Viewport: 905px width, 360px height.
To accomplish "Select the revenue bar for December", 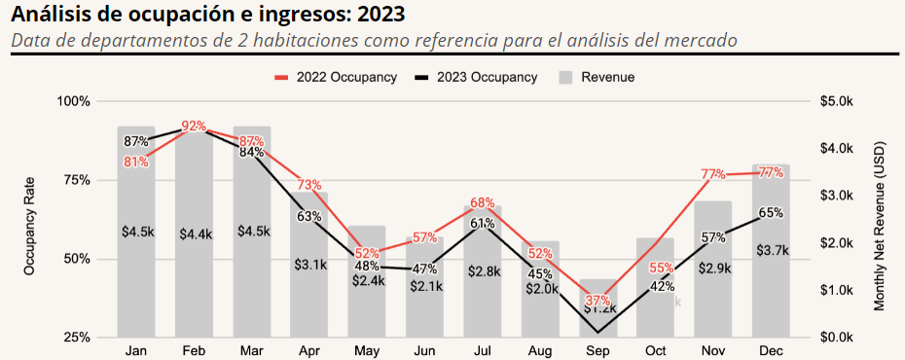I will coord(770,292).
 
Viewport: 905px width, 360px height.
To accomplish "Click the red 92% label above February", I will coord(194,126).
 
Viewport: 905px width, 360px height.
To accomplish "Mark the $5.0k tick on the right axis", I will coord(837,101).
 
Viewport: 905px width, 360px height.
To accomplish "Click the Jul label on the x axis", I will coord(482,349).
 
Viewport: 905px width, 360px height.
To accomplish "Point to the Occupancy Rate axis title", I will coord(30,226).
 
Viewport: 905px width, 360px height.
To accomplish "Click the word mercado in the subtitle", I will coord(698,41).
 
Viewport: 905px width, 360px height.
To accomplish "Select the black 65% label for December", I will coord(770,213).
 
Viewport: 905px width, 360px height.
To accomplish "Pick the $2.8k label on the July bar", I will coord(482,271).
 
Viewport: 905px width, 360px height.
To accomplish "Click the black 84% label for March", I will coord(251,152).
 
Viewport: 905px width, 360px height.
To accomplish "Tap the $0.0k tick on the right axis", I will coord(837,337).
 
